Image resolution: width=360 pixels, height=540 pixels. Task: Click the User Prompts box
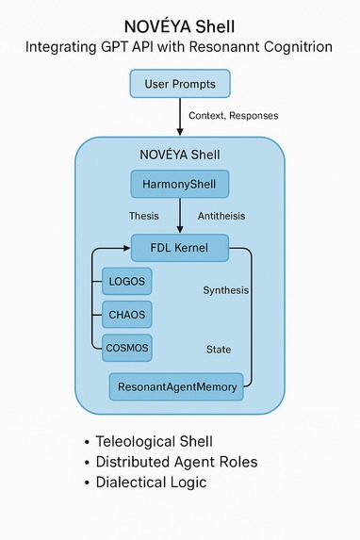179,85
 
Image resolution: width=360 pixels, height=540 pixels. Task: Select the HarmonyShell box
179,185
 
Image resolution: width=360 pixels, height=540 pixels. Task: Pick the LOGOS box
126,281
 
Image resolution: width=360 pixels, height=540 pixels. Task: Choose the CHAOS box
126,314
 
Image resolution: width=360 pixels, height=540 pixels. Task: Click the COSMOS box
126,348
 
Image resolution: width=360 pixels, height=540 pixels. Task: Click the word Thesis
143,217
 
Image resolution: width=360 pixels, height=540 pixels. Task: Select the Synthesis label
226,290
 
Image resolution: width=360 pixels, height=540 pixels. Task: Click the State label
219,350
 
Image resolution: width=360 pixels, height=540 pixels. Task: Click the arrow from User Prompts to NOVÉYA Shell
179,118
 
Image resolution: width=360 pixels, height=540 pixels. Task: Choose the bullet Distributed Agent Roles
176,462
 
